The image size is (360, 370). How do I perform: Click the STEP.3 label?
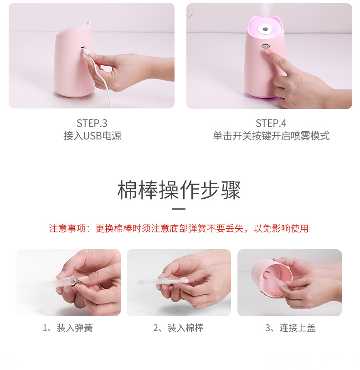tap(92, 123)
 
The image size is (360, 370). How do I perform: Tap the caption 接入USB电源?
tap(92, 136)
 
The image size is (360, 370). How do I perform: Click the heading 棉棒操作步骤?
tap(179, 190)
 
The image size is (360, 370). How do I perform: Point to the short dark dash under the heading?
tap(179, 209)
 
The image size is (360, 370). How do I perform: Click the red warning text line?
tap(179, 228)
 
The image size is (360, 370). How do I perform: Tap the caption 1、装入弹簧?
tap(68, 328)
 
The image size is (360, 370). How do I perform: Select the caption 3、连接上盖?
tap(290, 328)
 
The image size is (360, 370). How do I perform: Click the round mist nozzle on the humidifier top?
tap(264, 30)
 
